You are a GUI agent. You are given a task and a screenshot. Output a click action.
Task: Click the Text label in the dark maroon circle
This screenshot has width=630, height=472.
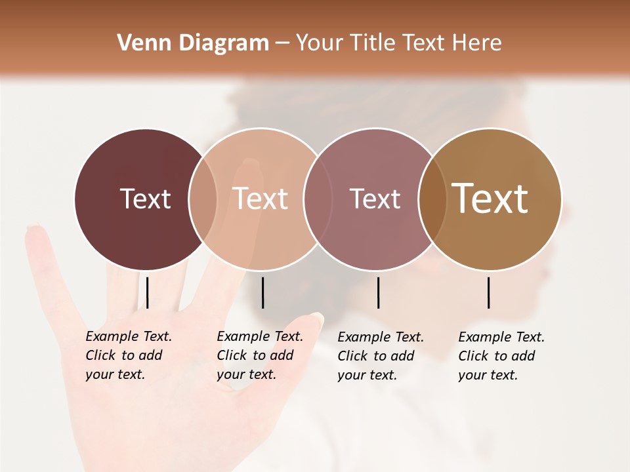point(145,199)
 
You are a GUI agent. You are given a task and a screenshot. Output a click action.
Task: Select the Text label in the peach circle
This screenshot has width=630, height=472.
point(260,199)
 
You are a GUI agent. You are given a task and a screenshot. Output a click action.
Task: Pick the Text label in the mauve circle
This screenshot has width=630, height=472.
point(375,199)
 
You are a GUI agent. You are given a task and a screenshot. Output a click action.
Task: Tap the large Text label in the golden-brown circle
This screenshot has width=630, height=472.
point(490,199)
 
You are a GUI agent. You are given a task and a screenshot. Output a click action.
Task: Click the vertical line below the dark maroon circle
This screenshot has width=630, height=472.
point(148,292)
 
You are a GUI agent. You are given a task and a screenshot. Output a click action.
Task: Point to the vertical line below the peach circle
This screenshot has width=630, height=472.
point(262,292)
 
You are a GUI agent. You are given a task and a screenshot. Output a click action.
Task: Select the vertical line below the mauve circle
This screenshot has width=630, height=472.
point(378,292)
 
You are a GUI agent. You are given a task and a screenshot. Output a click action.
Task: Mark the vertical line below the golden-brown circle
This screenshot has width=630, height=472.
point(489,292)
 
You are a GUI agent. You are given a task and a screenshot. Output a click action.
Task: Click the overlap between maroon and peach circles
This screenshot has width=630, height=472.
point(203,199)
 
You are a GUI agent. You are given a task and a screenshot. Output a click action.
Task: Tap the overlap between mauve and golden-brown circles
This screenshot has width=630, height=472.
point(432,199)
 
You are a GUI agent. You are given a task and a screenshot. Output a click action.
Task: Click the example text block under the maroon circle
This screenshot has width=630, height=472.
point(129,355)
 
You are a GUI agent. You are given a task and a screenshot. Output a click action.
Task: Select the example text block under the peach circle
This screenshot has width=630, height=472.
point(260,355)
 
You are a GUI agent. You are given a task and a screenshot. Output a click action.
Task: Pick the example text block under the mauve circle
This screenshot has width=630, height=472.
point(381,356)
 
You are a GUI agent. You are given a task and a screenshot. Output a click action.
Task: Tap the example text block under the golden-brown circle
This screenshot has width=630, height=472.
point(501,356)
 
